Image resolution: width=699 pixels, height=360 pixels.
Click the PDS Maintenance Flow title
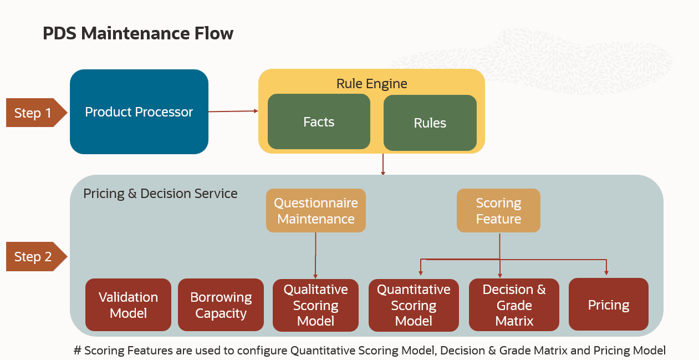tap(138, 33)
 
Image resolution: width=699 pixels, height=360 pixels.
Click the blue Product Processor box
tap(139, 111)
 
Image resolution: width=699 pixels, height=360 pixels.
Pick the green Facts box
tap(319, 121)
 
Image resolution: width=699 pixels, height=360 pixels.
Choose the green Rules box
tap(430, 123)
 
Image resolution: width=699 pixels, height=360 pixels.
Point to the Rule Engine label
tap(371, 84)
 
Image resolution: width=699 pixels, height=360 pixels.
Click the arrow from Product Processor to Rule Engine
tap(233, 111)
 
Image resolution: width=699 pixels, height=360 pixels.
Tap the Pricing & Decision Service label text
tap(160, 194)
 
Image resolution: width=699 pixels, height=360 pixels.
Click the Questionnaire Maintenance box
tap(315, 211)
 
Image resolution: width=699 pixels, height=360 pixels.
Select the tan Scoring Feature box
tap(498, 211)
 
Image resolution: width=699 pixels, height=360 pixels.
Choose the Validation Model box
tap(128, 305)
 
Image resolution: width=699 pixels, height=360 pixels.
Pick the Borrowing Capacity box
tap(221, 305)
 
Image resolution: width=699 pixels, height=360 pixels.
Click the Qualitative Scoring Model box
tap(315, 305)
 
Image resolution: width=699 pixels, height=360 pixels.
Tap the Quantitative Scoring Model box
tap(414, 305)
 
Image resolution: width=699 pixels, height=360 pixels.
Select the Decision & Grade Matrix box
tap(514, 305)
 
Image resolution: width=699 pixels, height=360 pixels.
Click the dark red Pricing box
tap(608, 305)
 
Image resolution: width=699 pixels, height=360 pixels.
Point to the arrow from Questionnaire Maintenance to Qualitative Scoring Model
tap(315, 255)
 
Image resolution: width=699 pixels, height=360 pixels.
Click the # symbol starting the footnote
tap(78, 351)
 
